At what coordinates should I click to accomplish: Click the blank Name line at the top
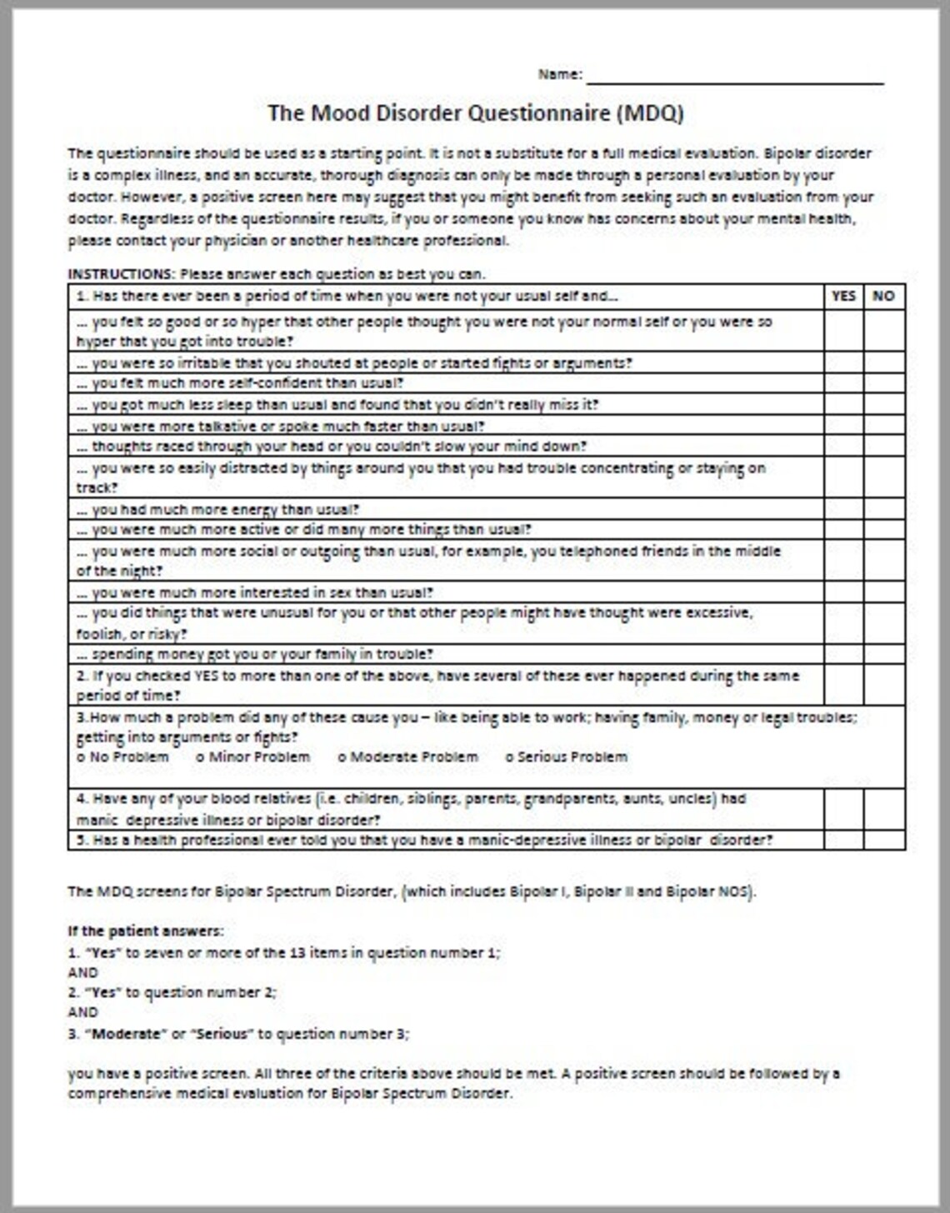(734, 76)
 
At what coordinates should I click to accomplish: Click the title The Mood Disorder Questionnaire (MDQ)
(475, 113)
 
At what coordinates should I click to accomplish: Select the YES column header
(843, 296)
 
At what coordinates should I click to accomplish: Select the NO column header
(883, 296)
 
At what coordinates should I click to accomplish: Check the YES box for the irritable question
(843, 362)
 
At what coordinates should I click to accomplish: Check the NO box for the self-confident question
(883, 383)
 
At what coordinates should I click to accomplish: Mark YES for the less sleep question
(843, 404)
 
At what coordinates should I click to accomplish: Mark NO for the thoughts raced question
(883, 446)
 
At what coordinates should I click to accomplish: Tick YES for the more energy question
(843, 508)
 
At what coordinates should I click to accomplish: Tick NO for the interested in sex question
(883, 592)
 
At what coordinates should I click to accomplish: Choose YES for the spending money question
(843, 654)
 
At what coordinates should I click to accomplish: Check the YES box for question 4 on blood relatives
(843, 809)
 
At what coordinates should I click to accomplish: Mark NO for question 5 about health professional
(883, 840)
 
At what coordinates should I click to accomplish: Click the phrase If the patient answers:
(145, 931)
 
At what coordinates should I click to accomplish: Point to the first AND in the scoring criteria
(82, 972)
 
